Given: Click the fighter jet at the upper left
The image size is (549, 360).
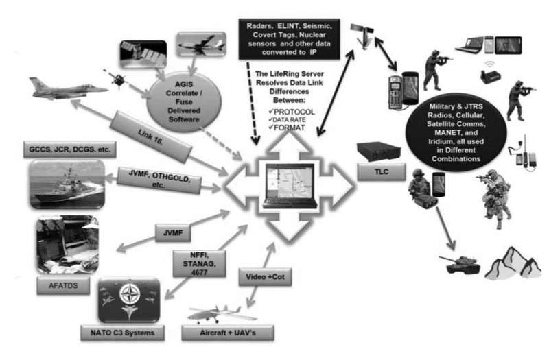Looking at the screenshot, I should tap(65, 87).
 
